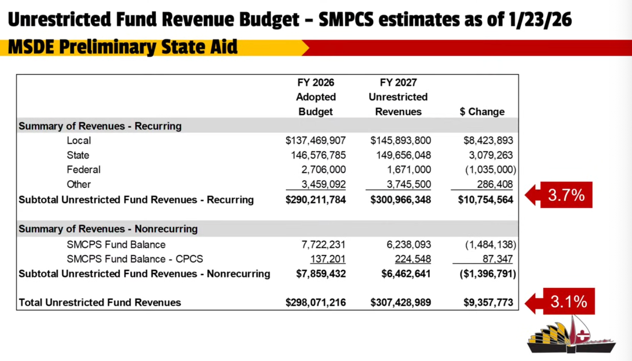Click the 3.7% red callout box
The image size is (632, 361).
coord(565,195)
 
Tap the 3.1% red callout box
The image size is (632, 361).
coord(568,302)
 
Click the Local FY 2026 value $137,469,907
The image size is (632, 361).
coord(316,140)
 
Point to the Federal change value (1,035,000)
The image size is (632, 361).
coord(490,170)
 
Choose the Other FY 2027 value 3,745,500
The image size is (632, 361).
coord(408,184)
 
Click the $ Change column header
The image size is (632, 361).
coord(482,112)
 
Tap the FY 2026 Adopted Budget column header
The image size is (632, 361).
coord(316,97)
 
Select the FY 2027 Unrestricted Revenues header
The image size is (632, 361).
coord(398,97)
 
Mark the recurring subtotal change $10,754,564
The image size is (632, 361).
coord(485,199)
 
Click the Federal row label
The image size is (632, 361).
coord(84,170)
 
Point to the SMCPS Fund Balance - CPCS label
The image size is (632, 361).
coord(135,259)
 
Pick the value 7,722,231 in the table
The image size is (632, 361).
coord(323,244)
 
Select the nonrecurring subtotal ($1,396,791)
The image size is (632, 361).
coord(487,274)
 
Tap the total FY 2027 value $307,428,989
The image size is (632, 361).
coord(401,302)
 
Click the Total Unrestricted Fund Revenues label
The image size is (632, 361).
coord(100,302)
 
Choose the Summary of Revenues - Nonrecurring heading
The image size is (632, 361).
coord(108,229)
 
